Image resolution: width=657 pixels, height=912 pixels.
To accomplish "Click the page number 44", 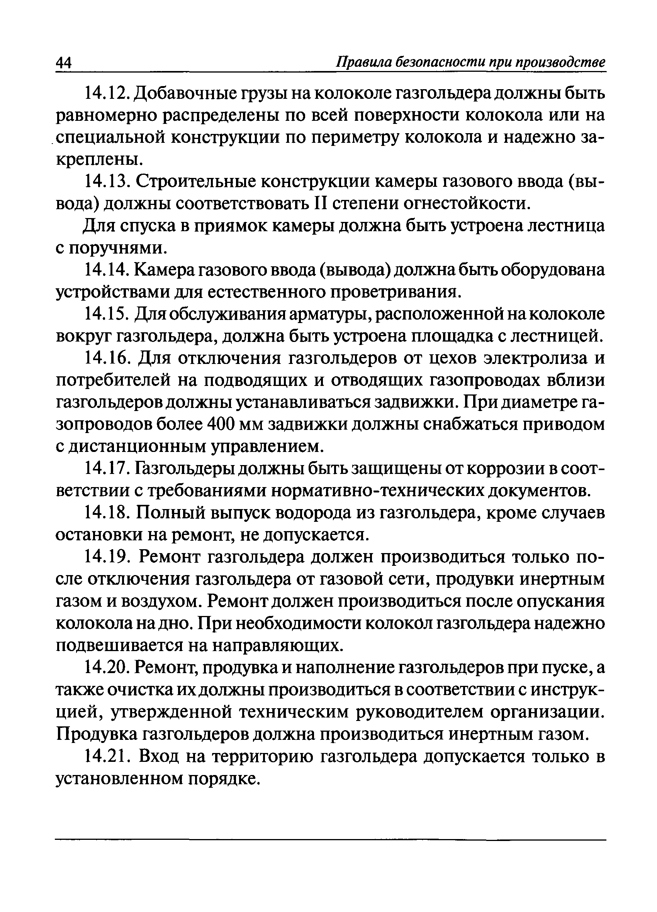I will pos(63,64).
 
